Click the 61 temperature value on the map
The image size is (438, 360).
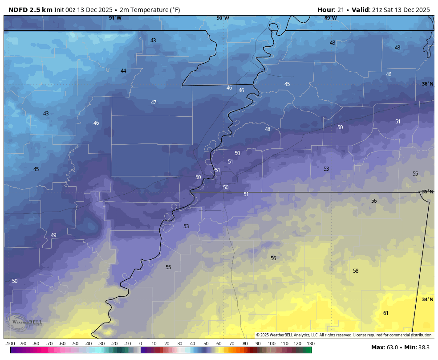coord(385,313)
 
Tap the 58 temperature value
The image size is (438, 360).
coord(355,271)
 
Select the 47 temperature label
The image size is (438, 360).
coord(153,102)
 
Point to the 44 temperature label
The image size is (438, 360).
coord(123,71)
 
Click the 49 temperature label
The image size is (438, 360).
coord(53,235)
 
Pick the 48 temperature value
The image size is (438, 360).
coord(267,129)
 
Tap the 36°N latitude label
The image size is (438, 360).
coord(427,84)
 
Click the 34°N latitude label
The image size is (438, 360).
coord(427,299)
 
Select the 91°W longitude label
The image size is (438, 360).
coord(115,18)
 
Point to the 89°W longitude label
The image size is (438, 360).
coord(330,18)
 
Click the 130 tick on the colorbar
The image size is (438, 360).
coord(310,344)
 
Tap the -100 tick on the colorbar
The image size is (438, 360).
coord(10,344)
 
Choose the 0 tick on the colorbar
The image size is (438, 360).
coord(141,344)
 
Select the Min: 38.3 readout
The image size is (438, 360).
coord(419,347)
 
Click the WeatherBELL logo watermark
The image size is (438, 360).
coord(24,322)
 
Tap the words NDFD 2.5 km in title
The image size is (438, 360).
coord(30,10)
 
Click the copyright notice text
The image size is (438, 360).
coord(344,335)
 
